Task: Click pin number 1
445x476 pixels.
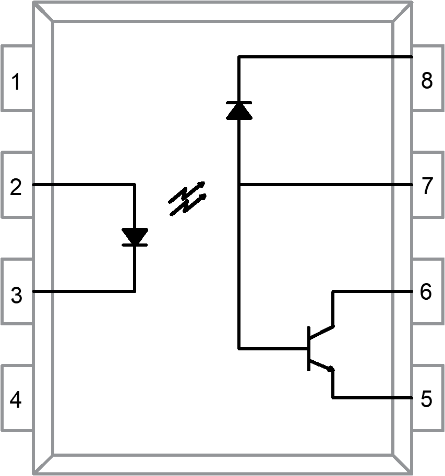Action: click(x=16, y=82)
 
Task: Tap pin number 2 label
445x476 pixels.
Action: click(x=16, y=187)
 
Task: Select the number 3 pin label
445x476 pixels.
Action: click(x=16, y=296)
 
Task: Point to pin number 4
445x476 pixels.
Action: click(x=16, y=400)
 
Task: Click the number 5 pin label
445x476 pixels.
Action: click(x=426, y=399)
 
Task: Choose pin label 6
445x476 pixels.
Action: click(x=426, y=292)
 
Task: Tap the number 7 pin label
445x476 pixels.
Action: click(x=427, y=186)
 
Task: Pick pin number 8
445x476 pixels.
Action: click(x=427, y=81)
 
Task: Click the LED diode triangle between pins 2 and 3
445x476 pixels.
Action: click(x=135, y=236)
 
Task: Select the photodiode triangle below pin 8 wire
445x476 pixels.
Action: click(x=239, y=111)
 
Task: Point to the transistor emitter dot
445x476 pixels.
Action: click(x=331, y=369)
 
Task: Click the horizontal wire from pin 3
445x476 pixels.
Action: click(x=83, y=291)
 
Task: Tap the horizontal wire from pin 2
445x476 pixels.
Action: click(x=83, y=184)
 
